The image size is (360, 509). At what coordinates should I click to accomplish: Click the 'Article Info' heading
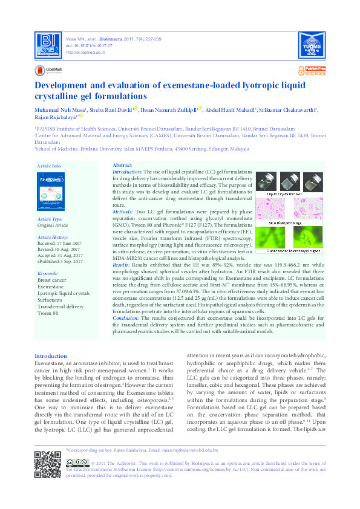[x=48, y=166]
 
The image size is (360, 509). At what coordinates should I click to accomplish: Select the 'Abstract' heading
[x=122, y=166]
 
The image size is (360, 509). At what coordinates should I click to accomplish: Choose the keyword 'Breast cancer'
[x=52, y=280]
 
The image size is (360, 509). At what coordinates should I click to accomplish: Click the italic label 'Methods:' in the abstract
[x=123, y=213]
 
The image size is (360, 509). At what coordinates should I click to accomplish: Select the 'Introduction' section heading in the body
[x=51, y=356]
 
